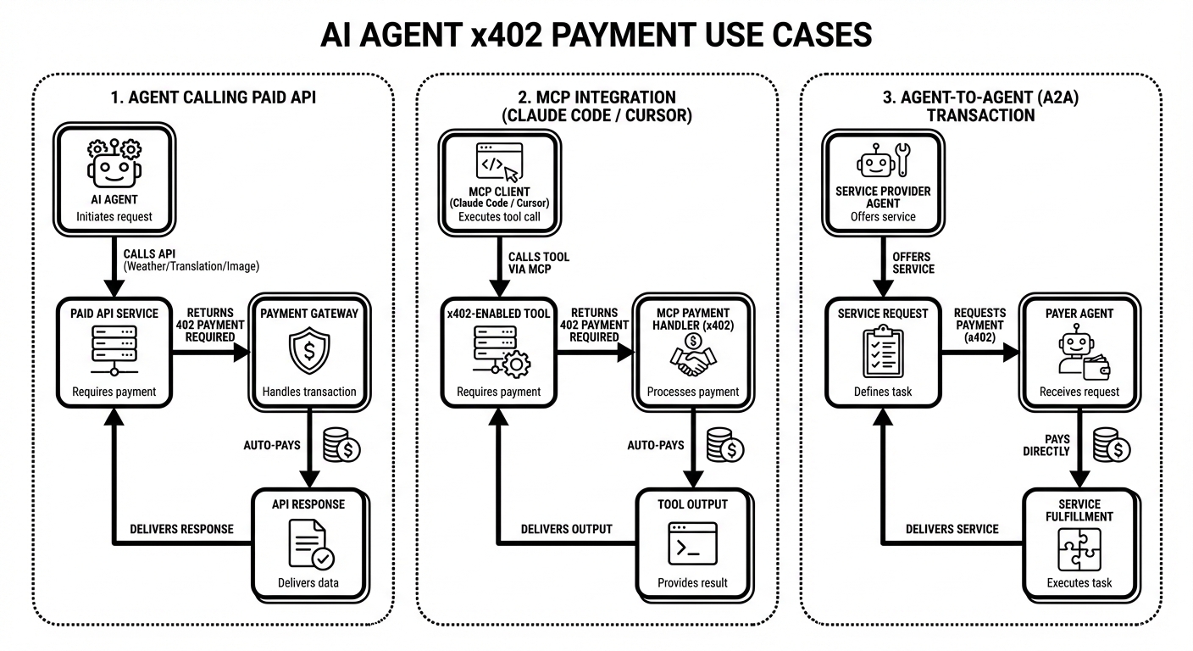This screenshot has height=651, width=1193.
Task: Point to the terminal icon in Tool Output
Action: (692, 544)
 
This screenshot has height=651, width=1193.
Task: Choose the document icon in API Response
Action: (309, 543)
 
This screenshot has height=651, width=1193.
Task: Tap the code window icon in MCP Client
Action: (499, 162)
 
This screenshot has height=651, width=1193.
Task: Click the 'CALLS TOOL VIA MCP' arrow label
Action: (539, 264)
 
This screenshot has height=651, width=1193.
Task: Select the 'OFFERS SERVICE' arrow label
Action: (913, 263)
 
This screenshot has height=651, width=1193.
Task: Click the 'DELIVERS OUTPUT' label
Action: (566, 529)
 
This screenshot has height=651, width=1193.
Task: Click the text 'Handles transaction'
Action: (309, 392)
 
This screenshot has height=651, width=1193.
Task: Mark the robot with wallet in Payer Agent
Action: (1079, 353)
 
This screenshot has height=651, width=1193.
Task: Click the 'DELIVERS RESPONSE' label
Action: (181, 529)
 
